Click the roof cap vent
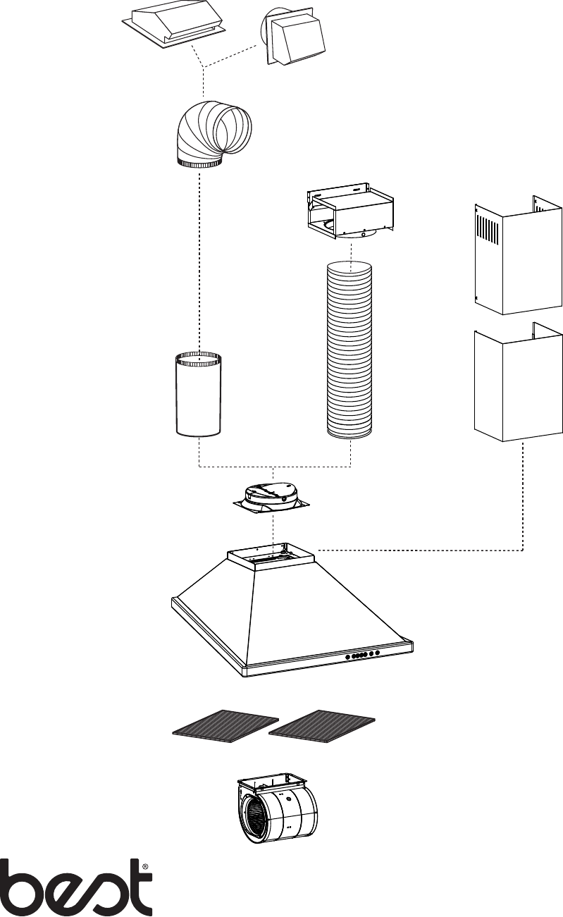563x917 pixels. click(174, 28)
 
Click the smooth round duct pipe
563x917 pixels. click(199, 394)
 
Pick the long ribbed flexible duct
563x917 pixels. click(349, 350)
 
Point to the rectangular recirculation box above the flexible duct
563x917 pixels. click(349, 213)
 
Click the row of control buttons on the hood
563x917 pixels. click(362, 655)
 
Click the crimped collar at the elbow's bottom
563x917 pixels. click(199, 164)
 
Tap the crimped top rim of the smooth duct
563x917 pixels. click(199, 359)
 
